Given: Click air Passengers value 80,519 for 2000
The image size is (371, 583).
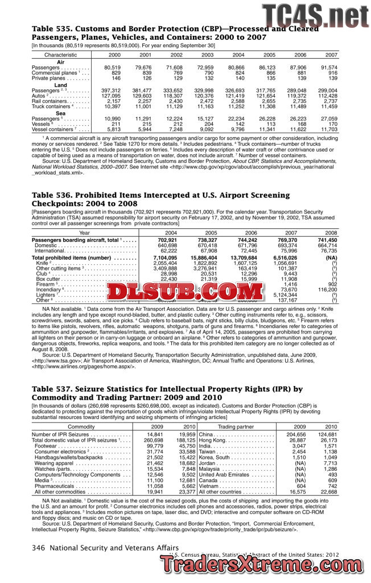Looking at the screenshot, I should click(112, 68).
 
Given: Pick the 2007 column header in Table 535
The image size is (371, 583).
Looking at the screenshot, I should click(331, 55).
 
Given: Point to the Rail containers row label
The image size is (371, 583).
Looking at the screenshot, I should click(51, 101).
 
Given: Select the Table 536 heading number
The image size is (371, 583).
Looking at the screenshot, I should click(51, 195).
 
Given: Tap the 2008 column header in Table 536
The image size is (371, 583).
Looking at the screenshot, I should click(331, 232).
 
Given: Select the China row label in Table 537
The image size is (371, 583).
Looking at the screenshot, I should click(206, 434).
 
